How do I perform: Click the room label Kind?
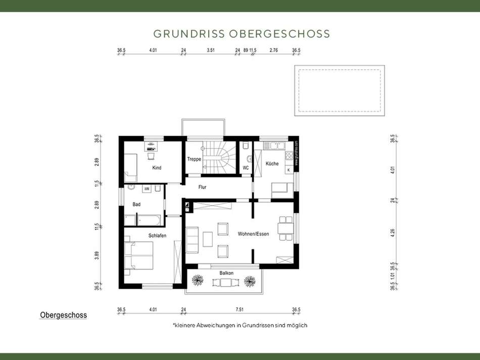[157, 167]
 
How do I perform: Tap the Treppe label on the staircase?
[195, 159]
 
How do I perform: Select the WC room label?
[246, 167]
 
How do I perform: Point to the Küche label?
[272, 164]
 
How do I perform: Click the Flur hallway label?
[202, 187]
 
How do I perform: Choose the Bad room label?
[136, 204]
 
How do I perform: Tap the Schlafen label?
[157, 236]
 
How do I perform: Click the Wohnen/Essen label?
[254, 234]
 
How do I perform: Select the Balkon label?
[226, 273]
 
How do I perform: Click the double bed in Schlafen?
[139, 255]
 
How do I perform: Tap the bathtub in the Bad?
[149, 220]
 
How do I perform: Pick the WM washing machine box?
[147, 189]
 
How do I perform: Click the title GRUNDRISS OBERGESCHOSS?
[242, 34]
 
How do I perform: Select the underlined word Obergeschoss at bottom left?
[64, 315]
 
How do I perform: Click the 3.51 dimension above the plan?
[211, 50]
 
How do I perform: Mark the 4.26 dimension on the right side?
[392, 234]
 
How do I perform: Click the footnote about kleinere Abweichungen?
[240, 325]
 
